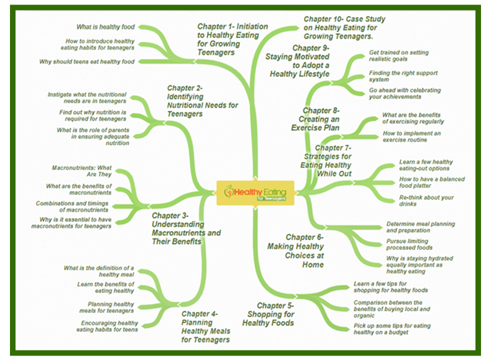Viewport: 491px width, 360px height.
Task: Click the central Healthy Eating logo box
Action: point(255,193)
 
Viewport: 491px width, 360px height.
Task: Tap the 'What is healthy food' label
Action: point(105,27)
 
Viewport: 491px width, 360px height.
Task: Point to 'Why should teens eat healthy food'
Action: point(87,62)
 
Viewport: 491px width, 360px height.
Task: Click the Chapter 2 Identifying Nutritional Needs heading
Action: point(203,101)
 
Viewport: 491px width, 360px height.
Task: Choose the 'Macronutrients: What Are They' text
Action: point(82,171)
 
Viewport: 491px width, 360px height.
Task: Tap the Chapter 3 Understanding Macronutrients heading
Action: point(186,229)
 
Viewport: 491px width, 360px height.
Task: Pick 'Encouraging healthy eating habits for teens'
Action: point(107,326)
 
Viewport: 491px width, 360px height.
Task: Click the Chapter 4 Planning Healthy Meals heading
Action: point(206,327)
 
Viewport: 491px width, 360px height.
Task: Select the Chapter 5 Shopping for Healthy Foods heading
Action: point(268,315)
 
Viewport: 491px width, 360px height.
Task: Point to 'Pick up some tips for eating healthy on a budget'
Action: point(392,329)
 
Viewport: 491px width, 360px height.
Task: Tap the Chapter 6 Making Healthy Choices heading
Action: point(295,251)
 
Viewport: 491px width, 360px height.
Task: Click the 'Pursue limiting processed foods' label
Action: point(409,245)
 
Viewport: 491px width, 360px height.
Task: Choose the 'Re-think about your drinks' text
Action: point(426,201)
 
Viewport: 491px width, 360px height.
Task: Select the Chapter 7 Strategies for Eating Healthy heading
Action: point(326,161)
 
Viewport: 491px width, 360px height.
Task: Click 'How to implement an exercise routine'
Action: point(412,136)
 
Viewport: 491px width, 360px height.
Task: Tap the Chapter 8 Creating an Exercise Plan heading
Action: point(315,119)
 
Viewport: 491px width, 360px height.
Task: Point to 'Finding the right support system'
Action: point(403,76)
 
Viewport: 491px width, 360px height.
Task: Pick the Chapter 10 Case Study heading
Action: point(345,28)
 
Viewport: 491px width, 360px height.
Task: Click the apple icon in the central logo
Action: point(229,191)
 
